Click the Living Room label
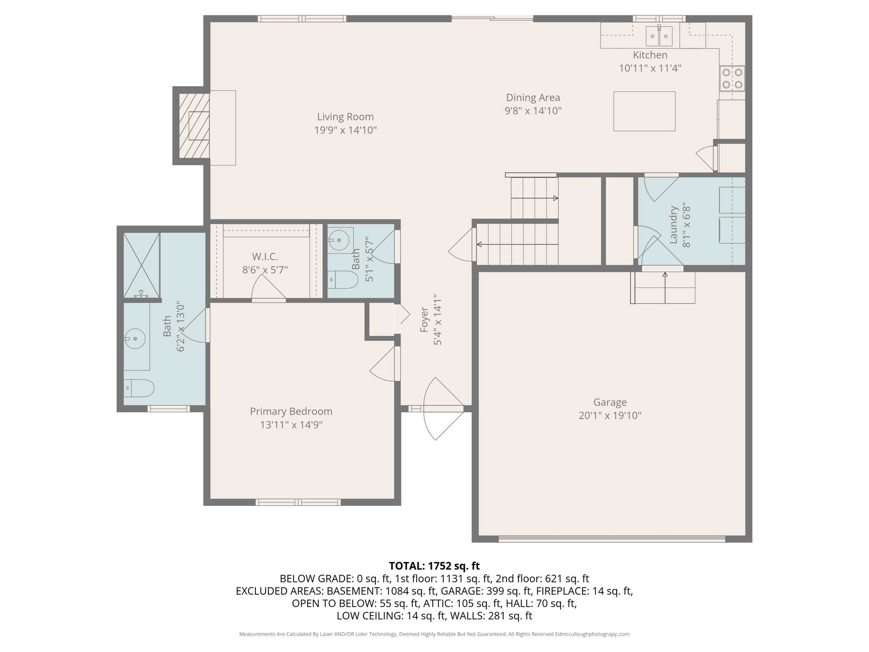pos(345,117)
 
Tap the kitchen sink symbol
pos(659,36)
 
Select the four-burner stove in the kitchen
pos(732,79)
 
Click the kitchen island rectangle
pos(644,111)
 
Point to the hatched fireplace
pos(194,126)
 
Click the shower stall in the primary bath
pos(141,264)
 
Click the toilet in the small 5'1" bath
pos(343,280)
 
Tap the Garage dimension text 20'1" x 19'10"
pos(610,415)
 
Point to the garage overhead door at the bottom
pos(611,539)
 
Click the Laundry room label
pos(673,225)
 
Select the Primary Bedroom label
pos(291,411)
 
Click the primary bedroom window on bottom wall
pos(298,502)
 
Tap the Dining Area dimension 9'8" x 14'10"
pos(533,111)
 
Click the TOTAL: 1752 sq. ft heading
pos(434,566)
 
